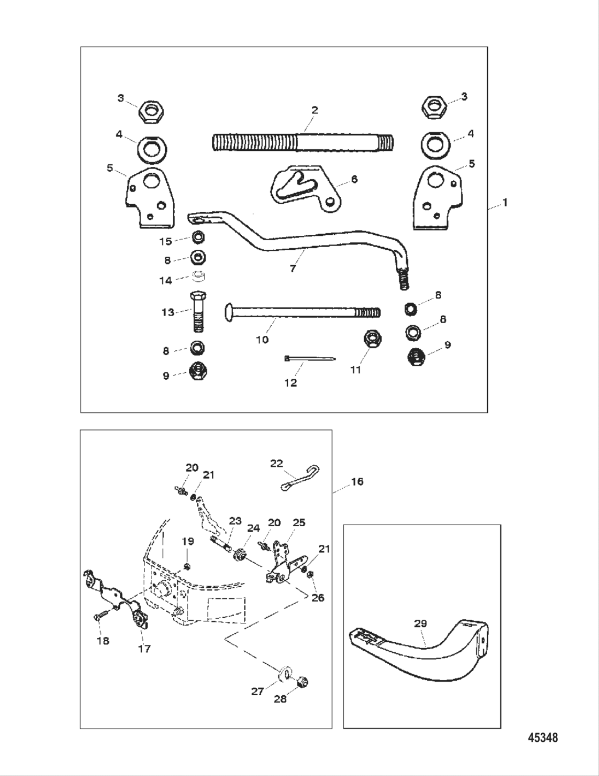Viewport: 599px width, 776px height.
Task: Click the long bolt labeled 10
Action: coord(302,311)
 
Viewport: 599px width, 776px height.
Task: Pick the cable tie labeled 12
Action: coord(310,358)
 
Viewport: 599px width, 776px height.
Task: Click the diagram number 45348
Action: coord(542,738)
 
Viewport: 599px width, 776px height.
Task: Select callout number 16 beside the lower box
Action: coord(357,481)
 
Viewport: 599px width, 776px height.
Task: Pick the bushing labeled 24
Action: coord(239,555)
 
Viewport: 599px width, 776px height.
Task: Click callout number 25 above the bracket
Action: coord(298,522)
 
